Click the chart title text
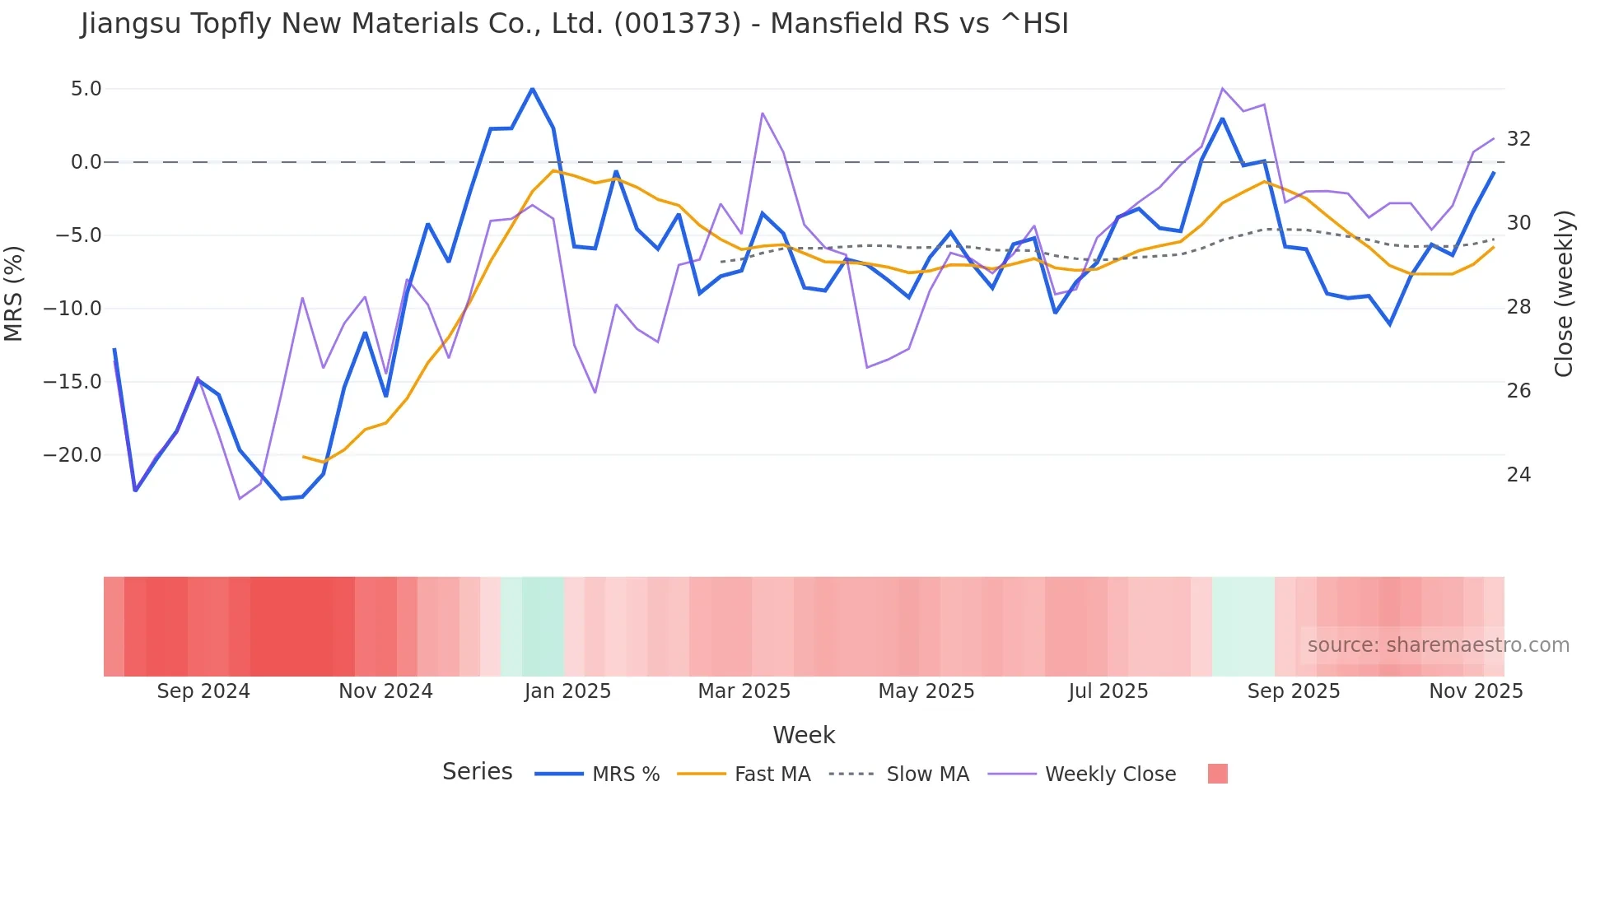tap(574, 24)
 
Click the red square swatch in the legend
tap(1217, 774)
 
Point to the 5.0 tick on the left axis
tap(86, 89)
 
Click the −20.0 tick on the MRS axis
tap(72, 455)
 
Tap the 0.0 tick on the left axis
tap(86, 162)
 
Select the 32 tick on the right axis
tap(1518, 139)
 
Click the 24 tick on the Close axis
tap(1518, 475)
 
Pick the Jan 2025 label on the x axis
tap(567, 691)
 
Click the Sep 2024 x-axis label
tap(203, 691)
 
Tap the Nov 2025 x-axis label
tap(1476, 691)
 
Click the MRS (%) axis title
tap(14, 294)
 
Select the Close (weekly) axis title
tap(1564, 294)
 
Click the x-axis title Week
tap(804, 735)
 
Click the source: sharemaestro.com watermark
tap(1438, 645)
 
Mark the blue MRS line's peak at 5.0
tap(532, 89)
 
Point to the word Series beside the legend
tap(477, 772)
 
